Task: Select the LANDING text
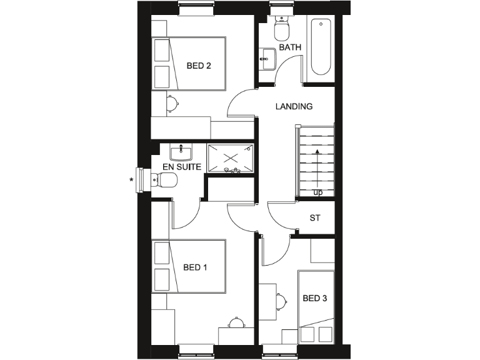[x=294, y=106]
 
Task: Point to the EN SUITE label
[x=181, y=167]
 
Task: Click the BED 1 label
[x=195, y=267]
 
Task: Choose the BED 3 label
[x=315, y=298]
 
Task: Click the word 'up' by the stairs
[x=318, y=192]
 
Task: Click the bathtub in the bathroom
[x=321, y=47]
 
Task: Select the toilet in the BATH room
[x=281, y=28]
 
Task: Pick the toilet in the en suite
[x=166, y=180]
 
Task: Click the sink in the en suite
[x=181, y=151]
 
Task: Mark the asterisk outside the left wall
[x=131, y=180]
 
